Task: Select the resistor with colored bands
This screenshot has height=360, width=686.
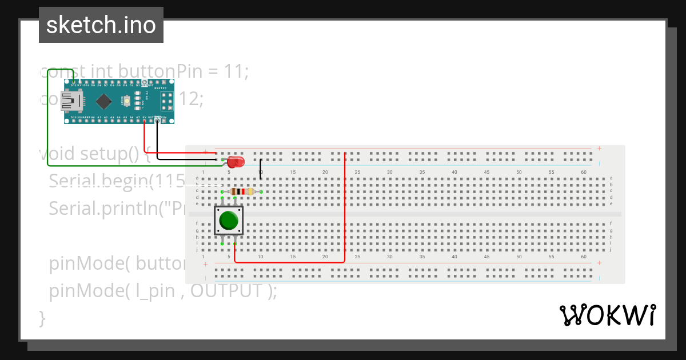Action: tap(241, 191)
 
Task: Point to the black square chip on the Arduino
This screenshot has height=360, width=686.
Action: tap(103, 101)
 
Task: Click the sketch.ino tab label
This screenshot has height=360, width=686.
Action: tap(101, 25)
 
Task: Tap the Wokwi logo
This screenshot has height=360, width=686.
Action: tap(607, 315)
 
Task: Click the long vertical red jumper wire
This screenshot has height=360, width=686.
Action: tap(345, 206)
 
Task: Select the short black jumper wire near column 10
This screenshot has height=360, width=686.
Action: tap(261, 169)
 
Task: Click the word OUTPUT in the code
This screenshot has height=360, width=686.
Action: tap(226, 291)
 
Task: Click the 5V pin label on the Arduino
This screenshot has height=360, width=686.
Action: tap(144, 117)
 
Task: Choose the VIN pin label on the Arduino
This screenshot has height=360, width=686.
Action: tap(163, 117)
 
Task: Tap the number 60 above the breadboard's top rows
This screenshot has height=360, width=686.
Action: tap(583, 172)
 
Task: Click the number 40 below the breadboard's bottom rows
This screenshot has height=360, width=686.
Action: tap(454, 257)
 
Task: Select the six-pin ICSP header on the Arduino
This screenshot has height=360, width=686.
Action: tap(167, 101)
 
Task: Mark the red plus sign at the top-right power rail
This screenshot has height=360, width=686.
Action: tap(599, 149)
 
